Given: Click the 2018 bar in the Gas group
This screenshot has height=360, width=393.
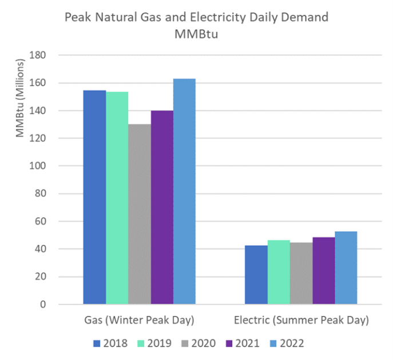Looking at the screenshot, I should (x=94, y=197).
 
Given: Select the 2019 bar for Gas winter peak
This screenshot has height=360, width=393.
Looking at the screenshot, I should (x=117, y=198).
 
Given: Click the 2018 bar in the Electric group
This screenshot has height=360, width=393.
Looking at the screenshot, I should (x=256, y=275).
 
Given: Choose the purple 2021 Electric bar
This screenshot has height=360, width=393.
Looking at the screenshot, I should (x=323, y=271).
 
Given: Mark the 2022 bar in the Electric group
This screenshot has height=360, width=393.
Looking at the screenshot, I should (x=346, y=268).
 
